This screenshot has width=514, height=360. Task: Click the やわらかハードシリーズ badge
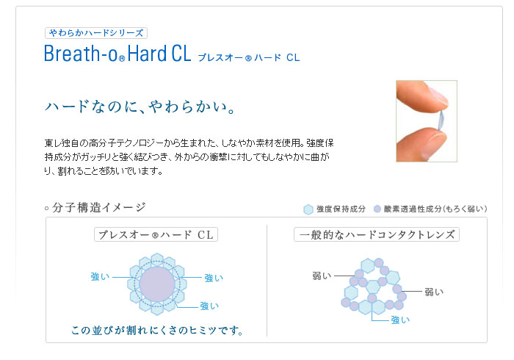tap(96, 33)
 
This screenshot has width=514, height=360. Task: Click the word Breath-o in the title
tap(81, 54)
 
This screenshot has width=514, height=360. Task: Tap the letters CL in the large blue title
tap(181, 54)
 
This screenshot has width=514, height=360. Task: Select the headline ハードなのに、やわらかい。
tap(140, 107)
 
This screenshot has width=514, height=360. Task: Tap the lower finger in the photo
tap(421, 144)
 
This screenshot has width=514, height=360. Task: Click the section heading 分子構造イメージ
tap(98, 207)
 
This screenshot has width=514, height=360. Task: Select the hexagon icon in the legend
tap(308, 209)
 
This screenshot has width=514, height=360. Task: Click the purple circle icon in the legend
tap(377, 209)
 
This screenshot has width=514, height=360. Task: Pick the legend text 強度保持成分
tap(341, 209)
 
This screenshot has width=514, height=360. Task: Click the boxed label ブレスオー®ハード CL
tap(156, 234)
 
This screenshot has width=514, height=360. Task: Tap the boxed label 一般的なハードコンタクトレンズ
tap(377, 234)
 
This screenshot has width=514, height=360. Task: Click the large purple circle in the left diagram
tap(157, 284)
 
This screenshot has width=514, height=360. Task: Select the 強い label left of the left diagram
tap(100, 277)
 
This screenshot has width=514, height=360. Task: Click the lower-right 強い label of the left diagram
tap(209, 306)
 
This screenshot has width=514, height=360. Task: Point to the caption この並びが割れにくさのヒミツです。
tap(158, 330)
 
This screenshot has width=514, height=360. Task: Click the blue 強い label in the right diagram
tap(400, 320)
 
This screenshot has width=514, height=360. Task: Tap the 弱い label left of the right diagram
tap(322, 276)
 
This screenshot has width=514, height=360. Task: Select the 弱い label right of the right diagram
tap(434, 292)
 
